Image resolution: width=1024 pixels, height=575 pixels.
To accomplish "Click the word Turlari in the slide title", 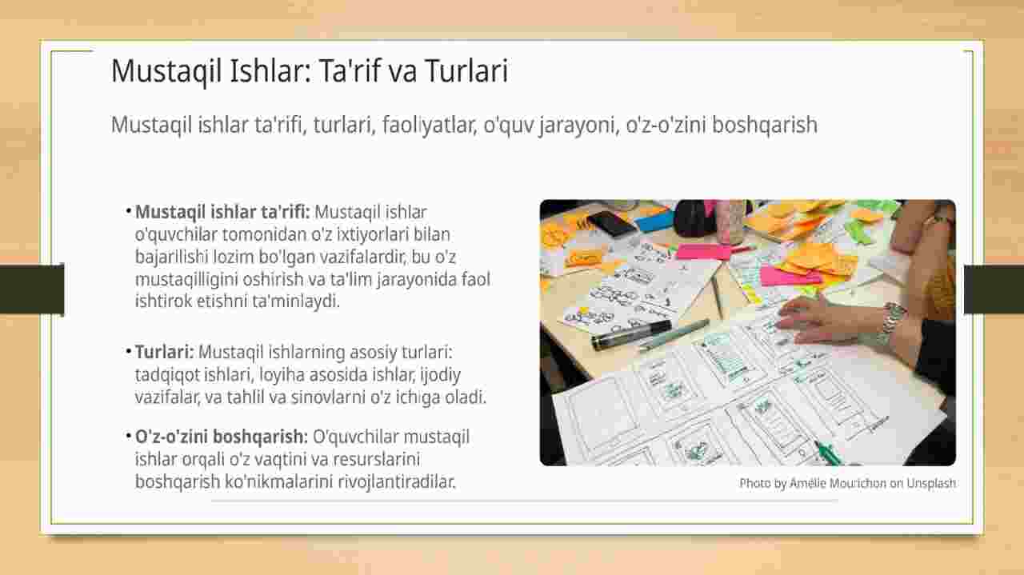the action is (x=466, y=71).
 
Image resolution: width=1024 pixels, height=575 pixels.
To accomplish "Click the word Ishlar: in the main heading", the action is (x=270, y=71).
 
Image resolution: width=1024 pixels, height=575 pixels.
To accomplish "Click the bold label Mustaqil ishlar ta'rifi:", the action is (x=222, y=212).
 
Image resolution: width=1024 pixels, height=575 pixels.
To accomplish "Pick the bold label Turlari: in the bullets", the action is (x=165, y=353).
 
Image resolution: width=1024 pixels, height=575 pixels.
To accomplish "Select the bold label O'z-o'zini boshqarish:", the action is (x=222, y=437).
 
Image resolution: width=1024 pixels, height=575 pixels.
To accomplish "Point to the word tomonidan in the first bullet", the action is (x=265, y=234).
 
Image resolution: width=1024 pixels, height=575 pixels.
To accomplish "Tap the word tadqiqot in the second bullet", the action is (x=167, y=375).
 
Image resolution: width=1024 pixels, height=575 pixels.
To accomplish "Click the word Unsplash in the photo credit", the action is (x=931, y=483).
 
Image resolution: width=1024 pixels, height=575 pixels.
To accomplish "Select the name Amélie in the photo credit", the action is (x=806, y=483).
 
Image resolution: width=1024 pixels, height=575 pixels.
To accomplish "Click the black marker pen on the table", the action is (x=631, y=335).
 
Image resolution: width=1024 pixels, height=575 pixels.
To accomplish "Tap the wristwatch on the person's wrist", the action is (x=893, y=322).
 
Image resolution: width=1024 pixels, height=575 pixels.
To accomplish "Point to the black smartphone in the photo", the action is (x=612, y=224).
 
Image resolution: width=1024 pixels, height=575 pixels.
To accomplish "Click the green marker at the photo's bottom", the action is (x=827, y=452).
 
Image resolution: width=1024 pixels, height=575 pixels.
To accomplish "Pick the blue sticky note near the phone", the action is (x=655, y=222).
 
